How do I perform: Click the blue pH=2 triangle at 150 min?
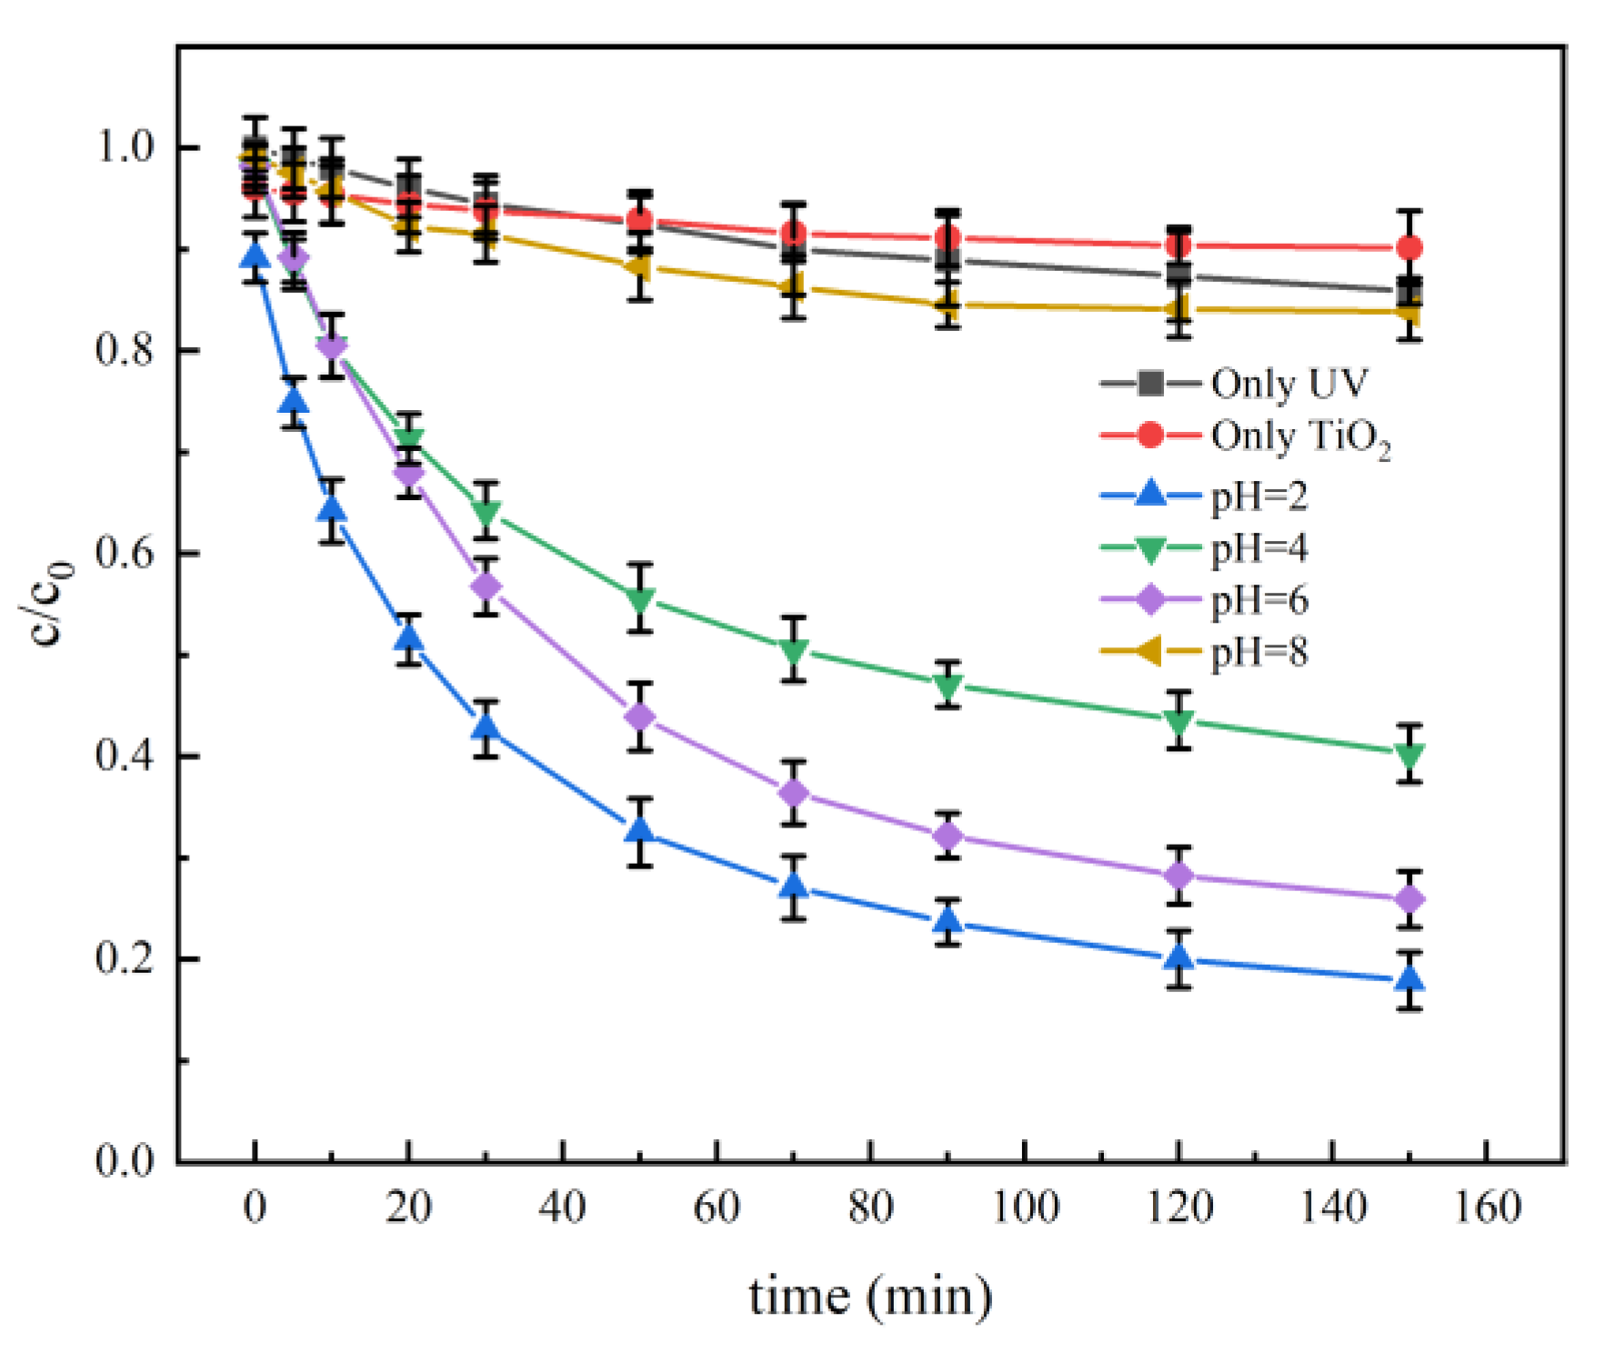pos(1409,979)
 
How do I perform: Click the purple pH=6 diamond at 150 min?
pos(1409,899)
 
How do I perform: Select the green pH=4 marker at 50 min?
pos(640,600)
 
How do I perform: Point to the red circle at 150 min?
pos(1409,247)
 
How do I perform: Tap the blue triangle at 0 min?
pos(256,256)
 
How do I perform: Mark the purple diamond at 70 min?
pos(794,793)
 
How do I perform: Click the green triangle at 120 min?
pos(1178,723)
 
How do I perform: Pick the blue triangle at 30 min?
pos(486,727)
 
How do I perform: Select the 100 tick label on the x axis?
pos(1025,1208)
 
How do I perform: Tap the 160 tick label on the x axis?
pos(1487,1208)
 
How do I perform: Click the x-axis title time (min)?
pos(870,1295)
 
